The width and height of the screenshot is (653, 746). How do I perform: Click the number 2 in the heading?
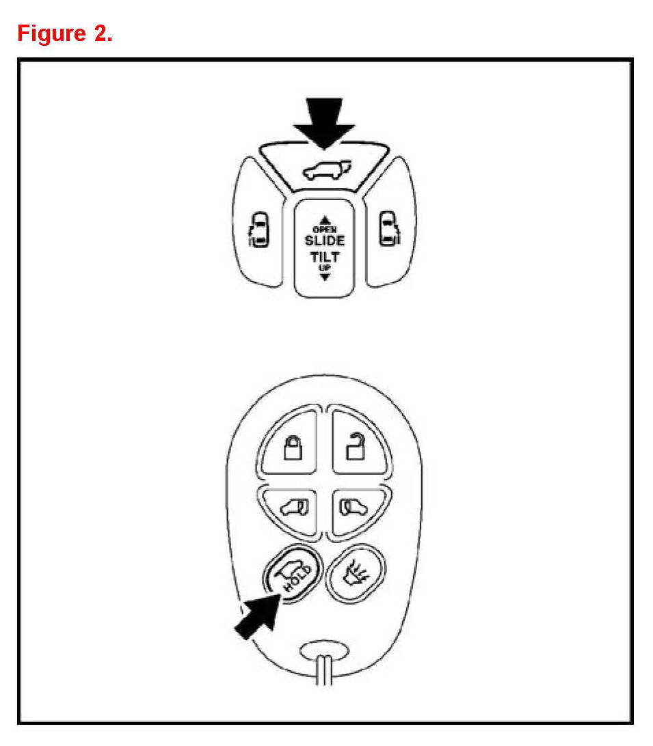tap(100, 32)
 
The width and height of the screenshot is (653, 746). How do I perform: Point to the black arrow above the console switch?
tap(323, 124)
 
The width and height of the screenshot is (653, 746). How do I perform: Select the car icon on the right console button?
tap(388, 228)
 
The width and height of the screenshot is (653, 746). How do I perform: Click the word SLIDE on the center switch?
tap(325, 240)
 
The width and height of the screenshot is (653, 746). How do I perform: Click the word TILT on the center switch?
tap(325, 258)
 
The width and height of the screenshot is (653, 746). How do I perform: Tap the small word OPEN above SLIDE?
tap(325, 230)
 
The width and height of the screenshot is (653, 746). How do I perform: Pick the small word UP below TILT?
tap(325, 268)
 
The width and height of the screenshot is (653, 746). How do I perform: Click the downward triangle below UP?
tap(325, 277)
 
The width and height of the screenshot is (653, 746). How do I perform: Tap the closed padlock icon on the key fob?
tap(293, 449)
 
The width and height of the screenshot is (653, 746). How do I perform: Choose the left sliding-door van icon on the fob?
tap(293, 506)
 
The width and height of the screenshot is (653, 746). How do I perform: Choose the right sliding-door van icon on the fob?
tap(354, 506)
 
